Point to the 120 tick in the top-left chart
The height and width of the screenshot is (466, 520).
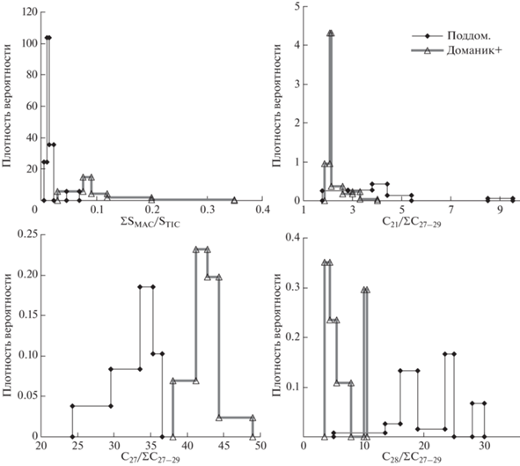(30, 12)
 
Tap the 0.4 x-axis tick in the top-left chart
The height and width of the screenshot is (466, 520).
(262, 211)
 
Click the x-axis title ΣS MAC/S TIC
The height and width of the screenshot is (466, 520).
(150, 223)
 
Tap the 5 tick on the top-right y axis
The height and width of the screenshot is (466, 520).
(297, 6)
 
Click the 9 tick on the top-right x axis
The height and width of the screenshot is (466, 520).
(500, 211)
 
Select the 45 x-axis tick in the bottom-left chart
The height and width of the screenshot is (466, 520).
(224, 446)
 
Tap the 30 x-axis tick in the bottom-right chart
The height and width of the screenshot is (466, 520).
(485, 446)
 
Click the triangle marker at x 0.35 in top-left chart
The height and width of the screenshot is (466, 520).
(234, 200)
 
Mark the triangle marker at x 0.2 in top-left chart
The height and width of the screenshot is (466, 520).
(151, 199)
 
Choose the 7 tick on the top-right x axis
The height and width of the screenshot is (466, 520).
(450, 211)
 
